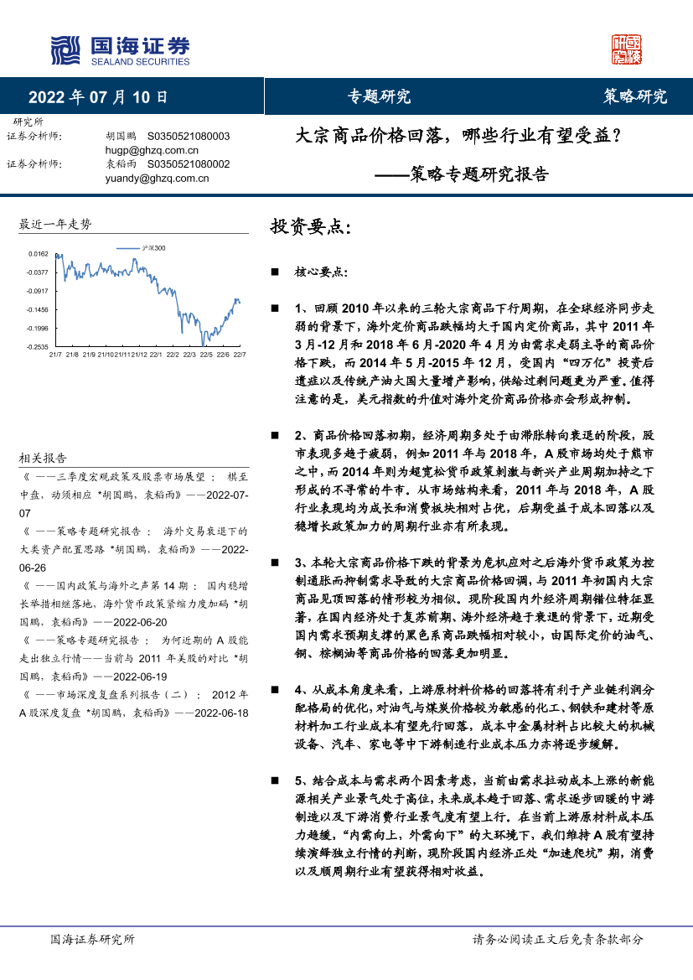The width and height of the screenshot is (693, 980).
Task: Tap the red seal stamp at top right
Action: point(626,50)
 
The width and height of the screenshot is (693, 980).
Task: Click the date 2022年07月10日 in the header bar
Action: point(98,96)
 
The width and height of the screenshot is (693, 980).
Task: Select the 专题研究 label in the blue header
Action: point(379,96)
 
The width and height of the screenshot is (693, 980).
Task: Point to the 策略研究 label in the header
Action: point(635,96)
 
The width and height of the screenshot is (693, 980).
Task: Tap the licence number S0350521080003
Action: point(189,135)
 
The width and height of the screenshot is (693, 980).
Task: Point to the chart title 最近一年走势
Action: point(55,224)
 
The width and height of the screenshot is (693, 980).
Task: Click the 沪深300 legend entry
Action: point(153,248)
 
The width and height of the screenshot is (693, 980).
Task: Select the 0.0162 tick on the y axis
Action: point(38,253)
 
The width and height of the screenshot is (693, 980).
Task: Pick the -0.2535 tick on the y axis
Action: point(36,346)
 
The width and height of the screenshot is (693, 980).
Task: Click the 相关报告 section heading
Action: point(43,458)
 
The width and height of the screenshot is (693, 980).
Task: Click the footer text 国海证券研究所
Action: point(92,940)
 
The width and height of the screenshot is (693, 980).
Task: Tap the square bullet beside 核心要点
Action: point(274,272)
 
